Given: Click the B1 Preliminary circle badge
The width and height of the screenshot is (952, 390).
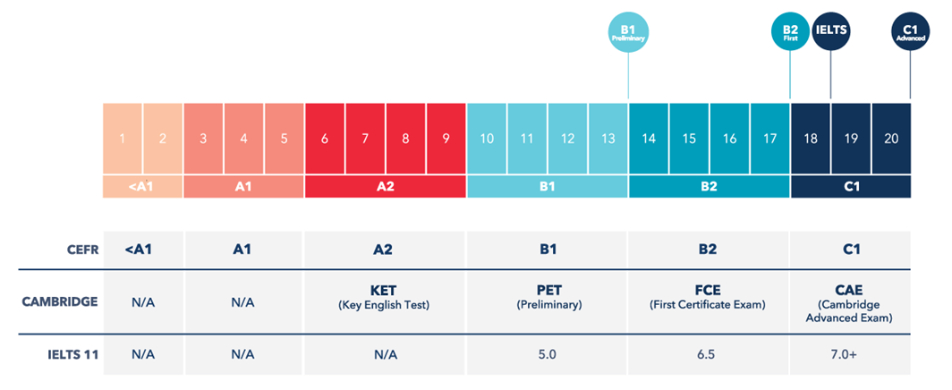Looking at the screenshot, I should point(628,32).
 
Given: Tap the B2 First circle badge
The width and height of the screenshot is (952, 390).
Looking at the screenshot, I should point(790,32).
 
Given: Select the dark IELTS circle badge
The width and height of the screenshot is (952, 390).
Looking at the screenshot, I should point(831,32).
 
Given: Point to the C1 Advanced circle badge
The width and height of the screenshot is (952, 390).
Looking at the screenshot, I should point(911,32).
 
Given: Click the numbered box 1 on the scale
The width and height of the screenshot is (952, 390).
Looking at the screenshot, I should point(123,139).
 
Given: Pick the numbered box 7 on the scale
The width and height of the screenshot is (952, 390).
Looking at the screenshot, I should point(365,139).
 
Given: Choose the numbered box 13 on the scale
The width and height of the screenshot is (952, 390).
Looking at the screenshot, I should point(608,139).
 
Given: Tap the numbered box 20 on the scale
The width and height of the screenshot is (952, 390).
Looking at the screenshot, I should point(891,139).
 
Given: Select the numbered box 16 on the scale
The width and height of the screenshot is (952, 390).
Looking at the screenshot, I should point(729,139).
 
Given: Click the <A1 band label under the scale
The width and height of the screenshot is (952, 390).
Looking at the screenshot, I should point(143,187).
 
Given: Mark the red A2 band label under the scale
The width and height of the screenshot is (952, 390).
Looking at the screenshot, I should point(386,187).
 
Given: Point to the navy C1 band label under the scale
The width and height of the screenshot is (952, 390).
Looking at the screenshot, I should point(851,187).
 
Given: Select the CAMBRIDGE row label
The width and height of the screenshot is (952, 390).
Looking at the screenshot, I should point(60,301).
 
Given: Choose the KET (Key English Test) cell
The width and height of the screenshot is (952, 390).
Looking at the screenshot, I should point(386,298).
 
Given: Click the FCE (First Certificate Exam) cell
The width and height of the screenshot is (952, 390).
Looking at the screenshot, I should point(709,298).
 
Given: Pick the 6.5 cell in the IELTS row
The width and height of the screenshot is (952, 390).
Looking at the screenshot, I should point(709,354).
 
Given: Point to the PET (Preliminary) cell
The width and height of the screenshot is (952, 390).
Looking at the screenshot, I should point(548,298).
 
